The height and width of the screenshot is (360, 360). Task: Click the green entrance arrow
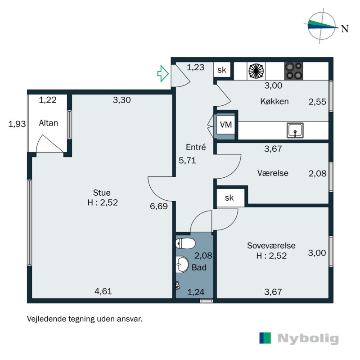[x=163, y=73]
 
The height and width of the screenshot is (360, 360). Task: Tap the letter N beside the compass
[x=345, y=29]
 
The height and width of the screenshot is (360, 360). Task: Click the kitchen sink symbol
[x=295, y=130]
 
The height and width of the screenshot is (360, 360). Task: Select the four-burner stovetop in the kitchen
[x=294, y=71]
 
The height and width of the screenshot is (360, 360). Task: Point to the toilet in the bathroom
[x=185, y=243]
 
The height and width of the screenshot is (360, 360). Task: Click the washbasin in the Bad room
[x=182, y=265]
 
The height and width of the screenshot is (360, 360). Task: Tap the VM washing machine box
[x=226, y=125]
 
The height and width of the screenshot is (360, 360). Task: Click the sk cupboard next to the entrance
[x=222, y=70]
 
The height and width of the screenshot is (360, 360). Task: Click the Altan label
[x=48, y=123]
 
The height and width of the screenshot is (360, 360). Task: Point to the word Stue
[x=102, y=193]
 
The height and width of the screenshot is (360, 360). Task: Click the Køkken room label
[x=274, y=101]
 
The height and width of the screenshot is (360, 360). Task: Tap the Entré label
[x=196, y=147]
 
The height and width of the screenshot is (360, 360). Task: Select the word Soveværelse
[x=271, y=245]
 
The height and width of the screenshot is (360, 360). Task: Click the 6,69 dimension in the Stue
[x=159, y=206]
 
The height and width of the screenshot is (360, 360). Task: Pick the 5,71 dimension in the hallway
[x=187, y=160]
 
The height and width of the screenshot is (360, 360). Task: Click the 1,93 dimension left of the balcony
[x=17, y=124]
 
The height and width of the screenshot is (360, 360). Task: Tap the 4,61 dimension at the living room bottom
[x=103, y=291]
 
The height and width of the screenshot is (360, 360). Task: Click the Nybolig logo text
[x=308, y=338]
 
